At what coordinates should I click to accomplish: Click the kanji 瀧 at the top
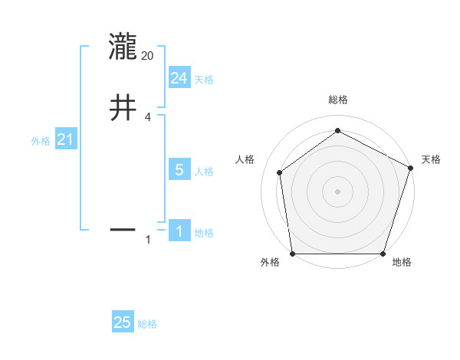click(x=123, y=47)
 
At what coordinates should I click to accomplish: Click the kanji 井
click(x=123, y=106)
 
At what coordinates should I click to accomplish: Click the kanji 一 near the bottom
click(x=123, y=228)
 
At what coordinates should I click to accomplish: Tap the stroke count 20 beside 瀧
click(x=148, y=56)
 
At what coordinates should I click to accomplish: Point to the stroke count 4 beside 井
click(x=148, y=117)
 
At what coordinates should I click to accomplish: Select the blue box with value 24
click(x=179, y=78)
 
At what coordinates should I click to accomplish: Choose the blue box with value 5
click(x=179, y=170)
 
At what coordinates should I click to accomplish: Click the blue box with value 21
click(x=65, y=140)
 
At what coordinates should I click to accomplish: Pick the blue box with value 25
click(x=123, y=323)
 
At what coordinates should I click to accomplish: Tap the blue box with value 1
click(x=179, y=232)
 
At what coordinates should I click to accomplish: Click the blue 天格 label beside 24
click(x=204, y=80)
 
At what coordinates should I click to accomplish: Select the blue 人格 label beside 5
click(x=204, y=172)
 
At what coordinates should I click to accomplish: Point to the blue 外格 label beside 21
click(x=41, y=141)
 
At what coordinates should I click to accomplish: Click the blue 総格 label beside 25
click(x=147, y=324)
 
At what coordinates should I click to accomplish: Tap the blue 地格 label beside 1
click(x=204, y=233)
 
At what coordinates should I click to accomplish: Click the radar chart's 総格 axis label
click(x=337, y=100)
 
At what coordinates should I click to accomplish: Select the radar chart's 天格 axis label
click(x=431, y=159)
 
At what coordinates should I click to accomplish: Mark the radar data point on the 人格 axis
click(x=280, y=172)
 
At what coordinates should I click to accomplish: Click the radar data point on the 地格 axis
click(x=383, y=254)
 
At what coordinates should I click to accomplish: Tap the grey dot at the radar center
click(x=337, y=191)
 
